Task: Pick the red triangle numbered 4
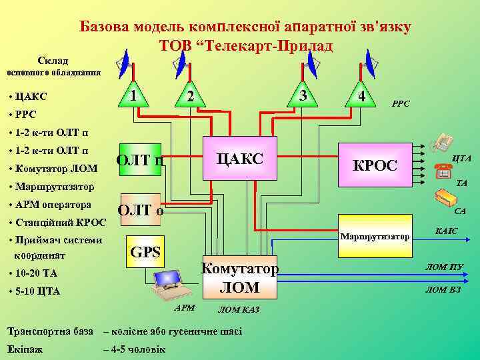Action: coord(360,96)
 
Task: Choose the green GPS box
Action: coord(145,252)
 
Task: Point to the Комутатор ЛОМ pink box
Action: coord(239,277)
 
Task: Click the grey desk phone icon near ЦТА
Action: coord(442,143)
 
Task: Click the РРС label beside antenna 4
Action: coord(401,104)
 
